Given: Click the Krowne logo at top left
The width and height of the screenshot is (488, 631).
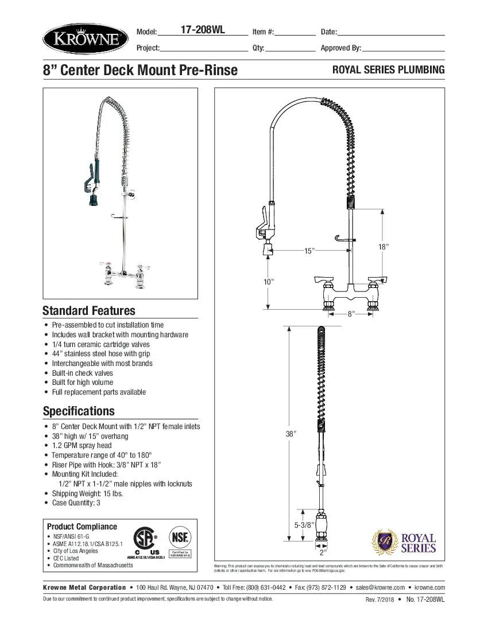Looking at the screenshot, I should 85,39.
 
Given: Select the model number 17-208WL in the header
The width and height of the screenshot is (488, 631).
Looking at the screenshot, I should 203,31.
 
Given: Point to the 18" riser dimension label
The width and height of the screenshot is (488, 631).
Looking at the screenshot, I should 384,247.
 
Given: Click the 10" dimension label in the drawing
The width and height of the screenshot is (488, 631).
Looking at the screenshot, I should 268,281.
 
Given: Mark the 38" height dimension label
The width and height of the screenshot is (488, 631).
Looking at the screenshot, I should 291,434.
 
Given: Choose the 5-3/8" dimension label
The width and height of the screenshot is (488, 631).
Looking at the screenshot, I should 303,524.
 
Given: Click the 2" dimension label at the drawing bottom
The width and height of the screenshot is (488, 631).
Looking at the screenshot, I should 323,552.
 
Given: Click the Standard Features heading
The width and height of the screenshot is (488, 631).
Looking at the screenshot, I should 89,311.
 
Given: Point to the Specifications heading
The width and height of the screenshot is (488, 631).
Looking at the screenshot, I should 79,411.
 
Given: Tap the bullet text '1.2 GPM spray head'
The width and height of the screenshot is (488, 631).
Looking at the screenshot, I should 82,445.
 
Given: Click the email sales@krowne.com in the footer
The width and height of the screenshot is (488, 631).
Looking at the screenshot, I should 380,587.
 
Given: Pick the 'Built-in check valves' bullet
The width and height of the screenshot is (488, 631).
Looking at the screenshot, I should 83,373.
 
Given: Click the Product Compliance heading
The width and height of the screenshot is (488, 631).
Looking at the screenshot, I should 82,527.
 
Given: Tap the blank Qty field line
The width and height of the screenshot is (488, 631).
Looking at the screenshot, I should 291,49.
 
